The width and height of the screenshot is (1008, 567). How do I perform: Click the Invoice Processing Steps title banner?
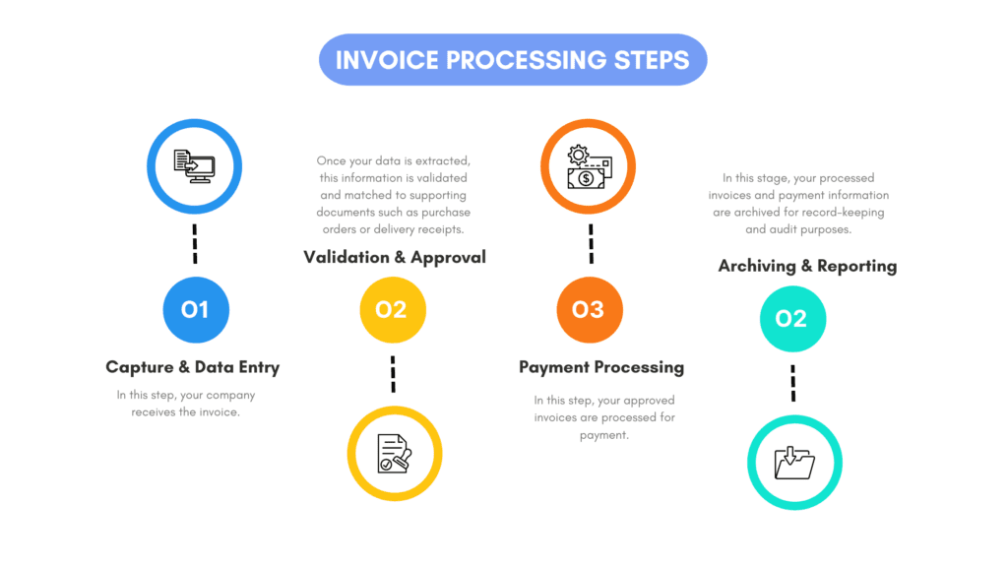click(x=512, y=59)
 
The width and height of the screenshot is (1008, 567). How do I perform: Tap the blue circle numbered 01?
click(x=195, y=309)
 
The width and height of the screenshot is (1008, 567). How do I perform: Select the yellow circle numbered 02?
click(x=392, y=309)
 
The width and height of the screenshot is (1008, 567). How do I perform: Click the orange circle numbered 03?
click(x=589, y=309)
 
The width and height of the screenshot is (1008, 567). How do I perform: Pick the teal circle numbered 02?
click(x=792, y=318)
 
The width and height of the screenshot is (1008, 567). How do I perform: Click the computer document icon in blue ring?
click(x=194, y=165)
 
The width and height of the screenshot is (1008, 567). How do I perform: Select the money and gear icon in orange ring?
click(x=589, y=165)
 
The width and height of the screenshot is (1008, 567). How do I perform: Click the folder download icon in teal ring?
click(x=793, y=462)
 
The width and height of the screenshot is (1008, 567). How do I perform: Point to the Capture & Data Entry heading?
click(x=193, y=367)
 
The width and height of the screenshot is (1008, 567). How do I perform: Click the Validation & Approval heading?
click(x=395, y=257)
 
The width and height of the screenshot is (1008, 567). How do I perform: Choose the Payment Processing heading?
click(x=601, y=367)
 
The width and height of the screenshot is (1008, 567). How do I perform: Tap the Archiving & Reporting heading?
click(x=807, y=266)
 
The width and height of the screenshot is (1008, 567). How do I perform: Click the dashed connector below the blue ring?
click(x=195, y=243)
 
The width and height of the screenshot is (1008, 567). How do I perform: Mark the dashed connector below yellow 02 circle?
click(x=393, y=374)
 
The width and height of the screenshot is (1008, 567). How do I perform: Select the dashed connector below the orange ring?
click(x=590, y=243)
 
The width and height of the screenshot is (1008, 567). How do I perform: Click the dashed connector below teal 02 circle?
click(x=792, y=383)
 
